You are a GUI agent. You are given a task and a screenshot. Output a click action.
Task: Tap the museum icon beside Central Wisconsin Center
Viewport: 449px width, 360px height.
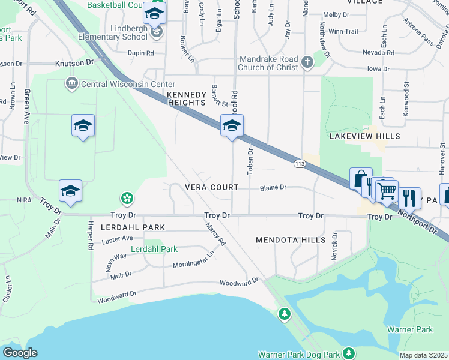[72, 83]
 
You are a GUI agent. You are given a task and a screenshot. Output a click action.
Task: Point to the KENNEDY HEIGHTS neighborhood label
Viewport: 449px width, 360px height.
[187, 99]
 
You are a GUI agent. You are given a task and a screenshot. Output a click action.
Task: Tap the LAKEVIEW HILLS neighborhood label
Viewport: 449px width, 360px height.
[364, 136]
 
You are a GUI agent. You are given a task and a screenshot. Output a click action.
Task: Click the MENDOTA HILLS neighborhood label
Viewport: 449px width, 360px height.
[291, 240]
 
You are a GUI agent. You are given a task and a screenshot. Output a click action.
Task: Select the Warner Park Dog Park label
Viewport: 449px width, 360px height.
[298, 354]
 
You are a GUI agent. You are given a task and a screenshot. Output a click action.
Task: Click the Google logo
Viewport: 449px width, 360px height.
[20, 353]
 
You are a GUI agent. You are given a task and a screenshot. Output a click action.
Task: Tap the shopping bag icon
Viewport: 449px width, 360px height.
[361, 179]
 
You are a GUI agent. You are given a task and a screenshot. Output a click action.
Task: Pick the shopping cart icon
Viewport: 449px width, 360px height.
[388, 191]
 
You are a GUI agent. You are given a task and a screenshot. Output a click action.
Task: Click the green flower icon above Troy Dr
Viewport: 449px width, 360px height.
[127, 197]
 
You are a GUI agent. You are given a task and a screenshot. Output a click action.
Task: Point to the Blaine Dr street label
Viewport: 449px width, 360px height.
[273, 187]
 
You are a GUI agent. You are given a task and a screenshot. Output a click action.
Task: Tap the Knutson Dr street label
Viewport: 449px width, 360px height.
[75, 62]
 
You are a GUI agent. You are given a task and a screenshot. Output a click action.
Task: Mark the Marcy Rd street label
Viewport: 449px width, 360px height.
[215, 234]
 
